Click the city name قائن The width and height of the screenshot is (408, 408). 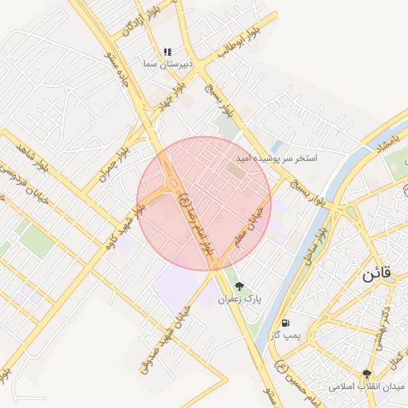[x=377, y=273]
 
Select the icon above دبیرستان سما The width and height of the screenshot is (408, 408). [x=167, y=52]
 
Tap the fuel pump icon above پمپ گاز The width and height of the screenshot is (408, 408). [x=286, y=324]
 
